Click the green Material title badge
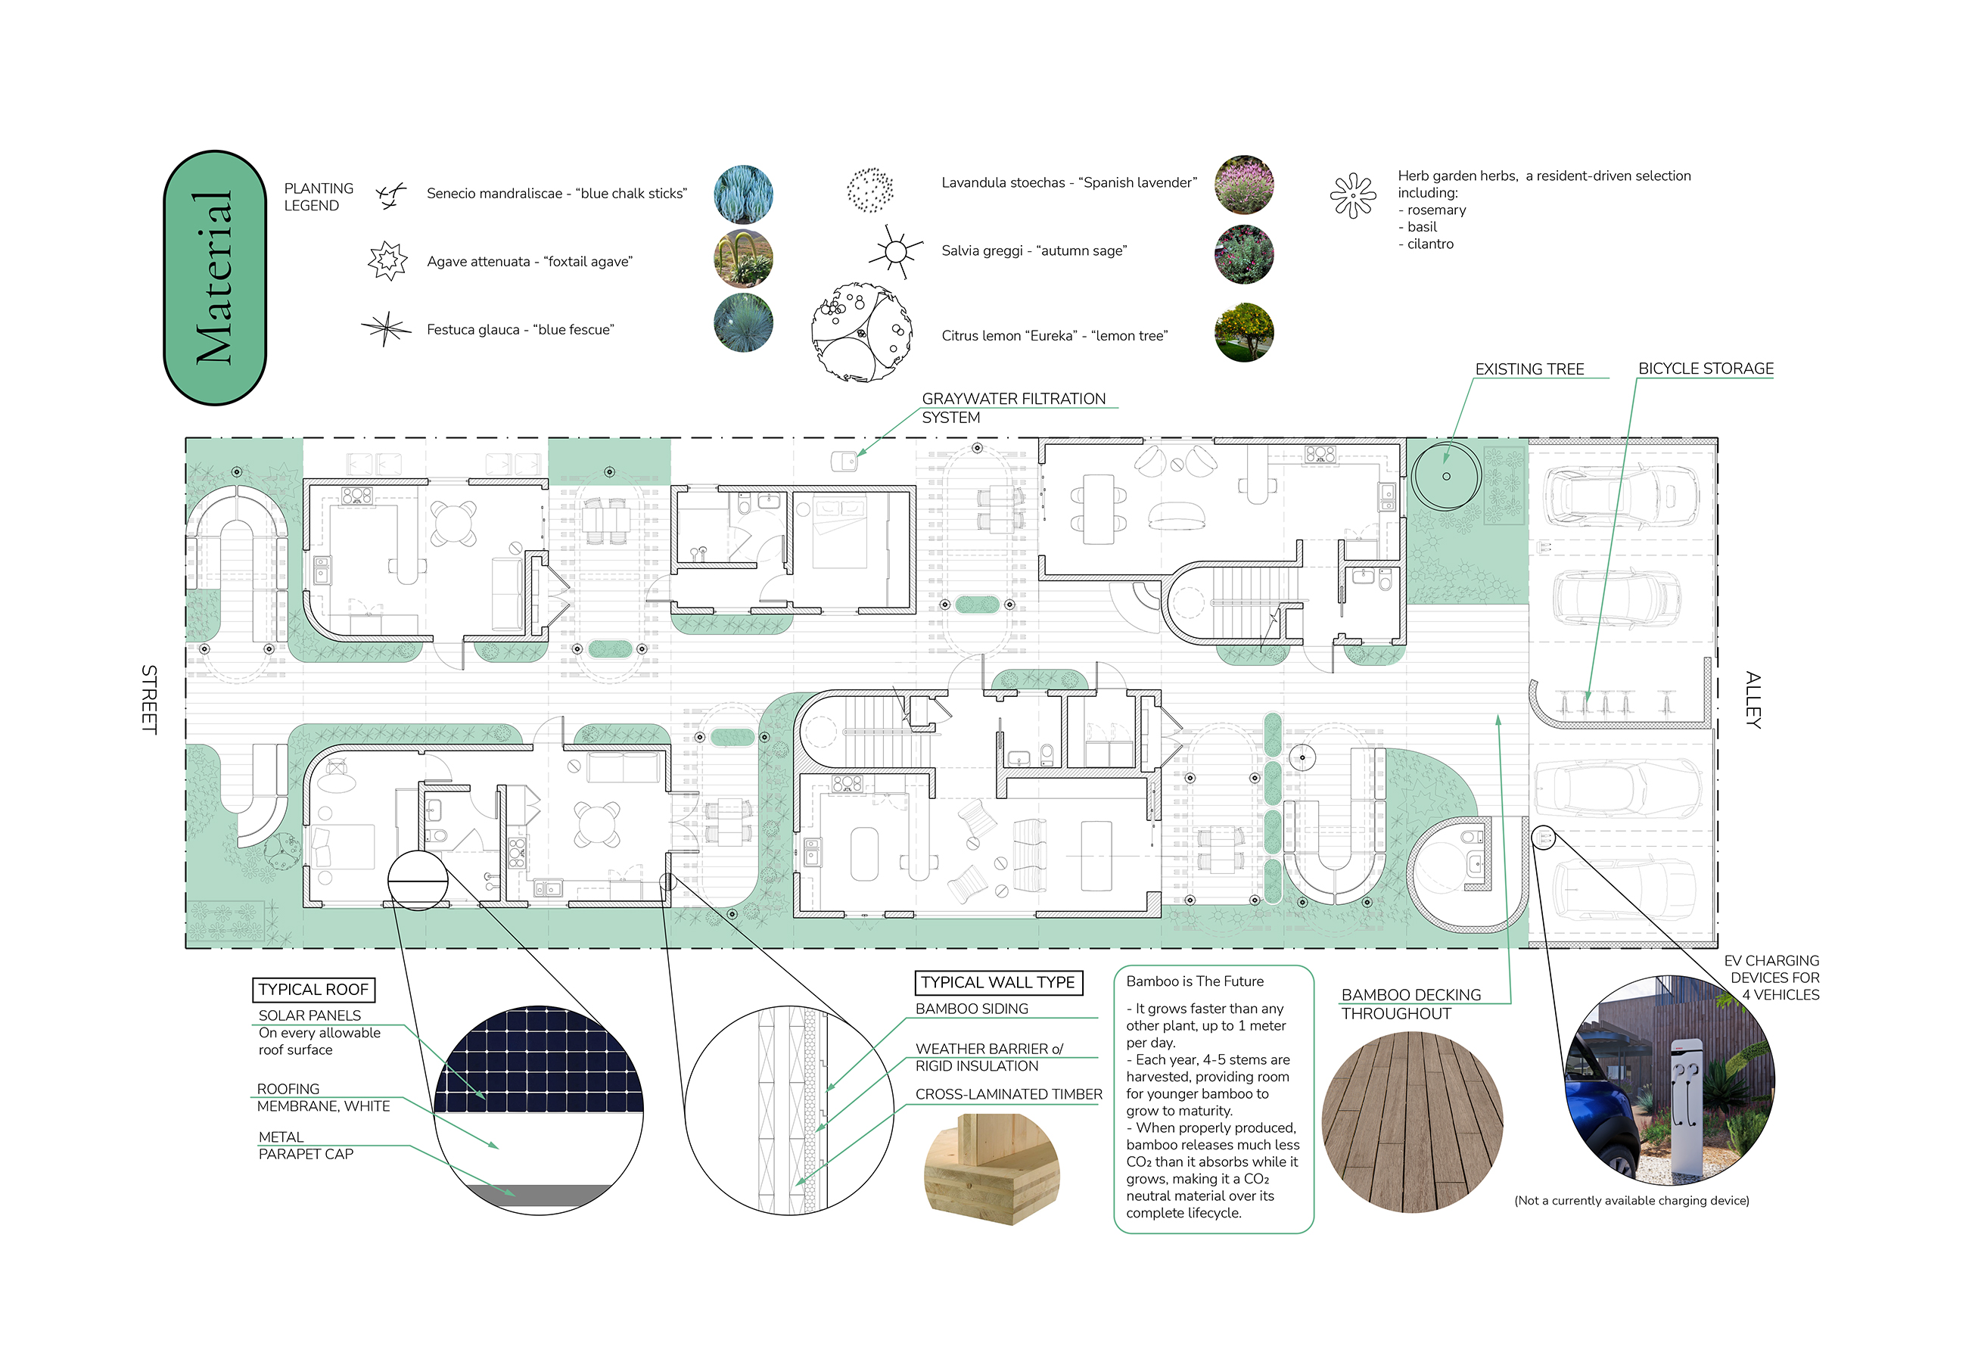coord(214,278)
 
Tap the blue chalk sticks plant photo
coord(742,194)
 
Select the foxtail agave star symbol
coord(387,260)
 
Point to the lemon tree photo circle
coord(1243,332)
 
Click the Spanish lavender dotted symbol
coord(869,189)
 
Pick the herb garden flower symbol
coord(1353,195)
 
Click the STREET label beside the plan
coord(149,699)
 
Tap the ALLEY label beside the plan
coord(1753,700)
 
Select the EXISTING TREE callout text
coord(1529,368)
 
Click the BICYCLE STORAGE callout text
coord(1706,368)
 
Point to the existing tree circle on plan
coord(1446,475)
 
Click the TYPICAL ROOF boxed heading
coord(313,989)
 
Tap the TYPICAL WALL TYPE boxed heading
coord(997,982)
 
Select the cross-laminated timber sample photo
coord(991,1168)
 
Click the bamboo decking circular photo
coord(1412,1121)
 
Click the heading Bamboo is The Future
coord(1194,981)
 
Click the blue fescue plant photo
coord(742,322)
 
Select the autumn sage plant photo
coord(1243,254)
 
